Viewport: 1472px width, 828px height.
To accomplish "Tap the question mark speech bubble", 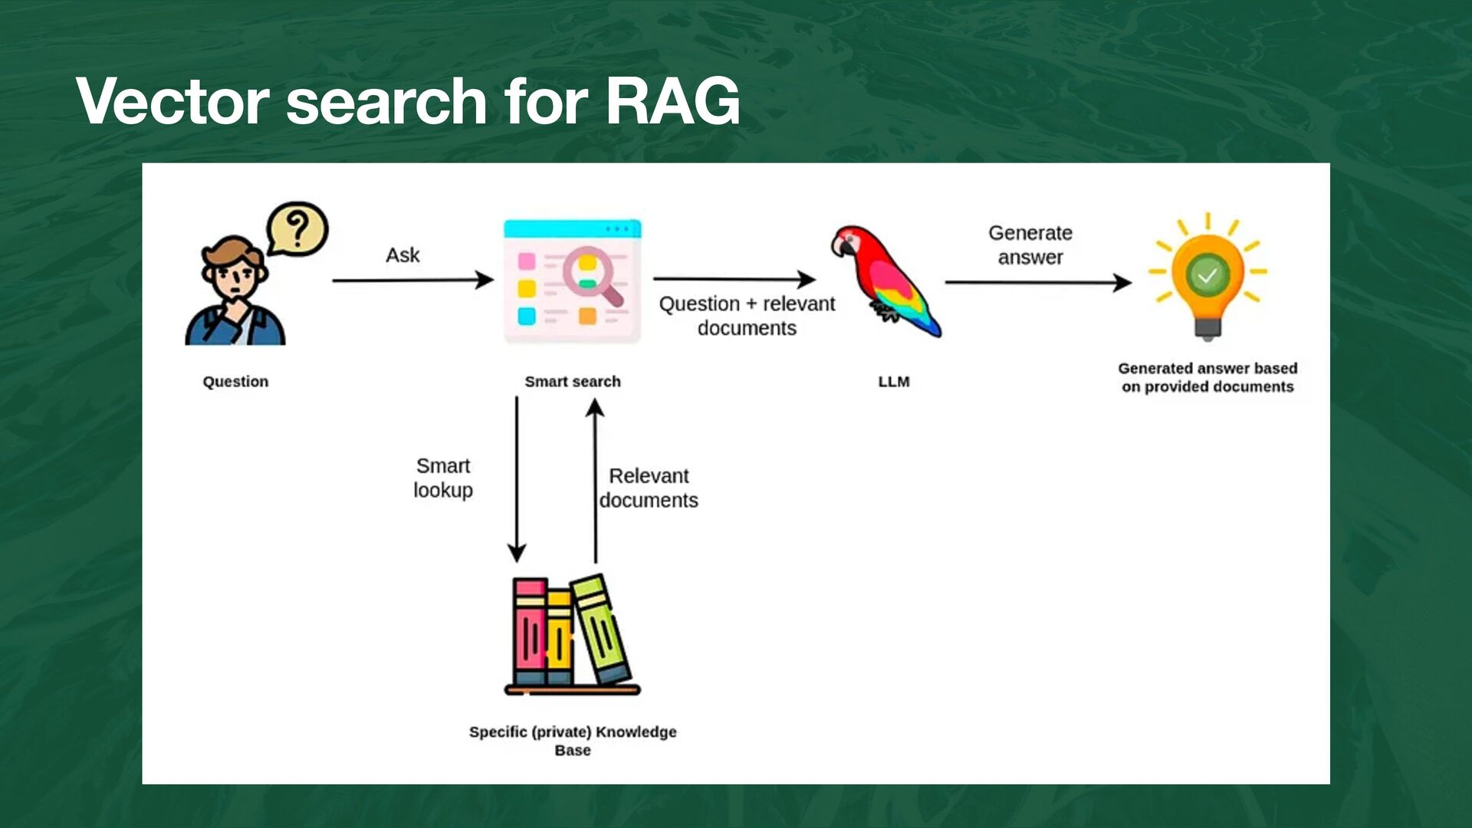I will tap(297, 228).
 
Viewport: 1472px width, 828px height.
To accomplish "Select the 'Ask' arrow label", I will tap(402, 255).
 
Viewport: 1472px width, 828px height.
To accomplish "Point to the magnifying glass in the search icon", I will tap(589, 271).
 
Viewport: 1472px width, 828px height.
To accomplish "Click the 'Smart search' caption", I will tap(573, 382).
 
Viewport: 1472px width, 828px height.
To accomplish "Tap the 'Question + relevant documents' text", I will tap(747, 316).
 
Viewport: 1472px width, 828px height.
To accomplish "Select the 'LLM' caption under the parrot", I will tap(894, 382).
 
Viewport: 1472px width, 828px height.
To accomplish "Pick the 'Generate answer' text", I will tap(1030, 245).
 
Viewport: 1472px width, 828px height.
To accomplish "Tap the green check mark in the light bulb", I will tap(1207, 275).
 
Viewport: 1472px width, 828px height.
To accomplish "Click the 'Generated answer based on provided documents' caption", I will tap(1207, 377).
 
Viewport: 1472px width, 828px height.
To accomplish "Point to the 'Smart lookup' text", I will tap(443, 478).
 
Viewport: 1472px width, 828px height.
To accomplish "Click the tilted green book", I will tap(603, 629).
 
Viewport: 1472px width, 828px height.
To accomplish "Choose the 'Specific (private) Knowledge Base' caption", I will tap(573, 741).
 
